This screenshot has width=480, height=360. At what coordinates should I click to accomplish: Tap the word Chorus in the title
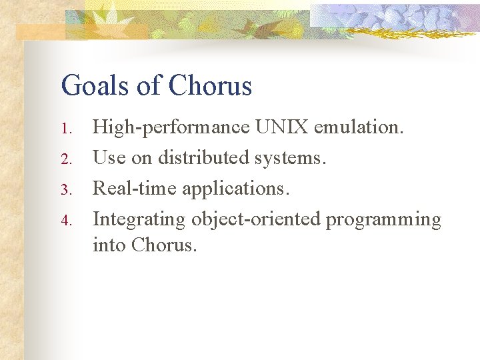pyautogui.click(x=210, y=86)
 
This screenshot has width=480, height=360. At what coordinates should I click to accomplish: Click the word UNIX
pyautogui.click(x=279, y=127)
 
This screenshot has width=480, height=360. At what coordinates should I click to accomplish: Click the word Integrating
pyautogui.click(x=139, y=220)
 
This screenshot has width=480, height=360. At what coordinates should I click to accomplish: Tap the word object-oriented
pyautogui.click(x=256, y=220)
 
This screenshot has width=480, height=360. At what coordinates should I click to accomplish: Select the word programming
pyautogui.click(x=383, y=220)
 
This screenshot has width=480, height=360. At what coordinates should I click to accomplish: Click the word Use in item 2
pyautogui.click(x=107, y=158)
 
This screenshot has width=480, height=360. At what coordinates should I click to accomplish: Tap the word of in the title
pyautogui.click(x=150, y=86)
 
